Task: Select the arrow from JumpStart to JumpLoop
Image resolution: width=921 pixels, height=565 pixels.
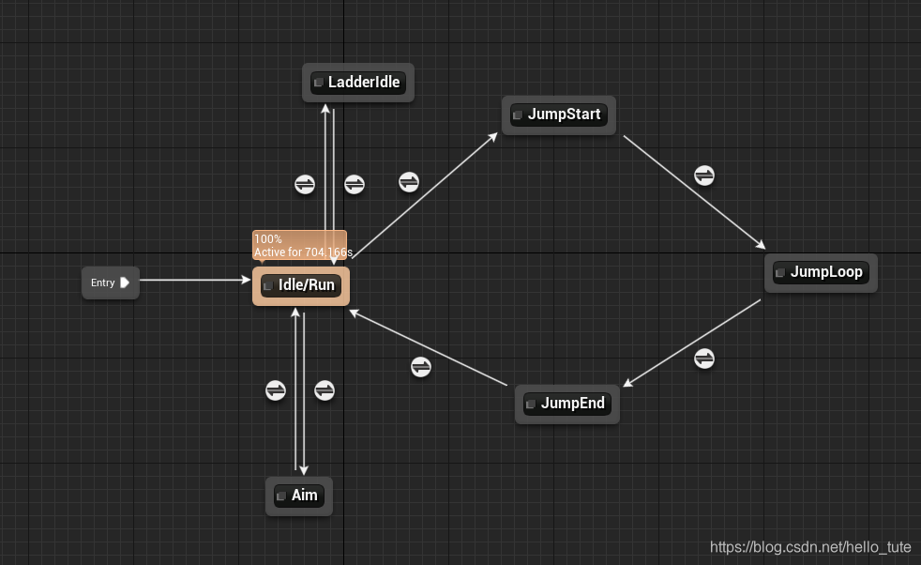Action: pyautogui.click(x=694, y=191)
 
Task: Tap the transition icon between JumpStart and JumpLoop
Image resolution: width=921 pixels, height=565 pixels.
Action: pyautogui.click(x=704, y=176)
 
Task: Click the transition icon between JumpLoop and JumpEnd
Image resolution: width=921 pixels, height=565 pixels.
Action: pyautogui.click(x=704, y=359)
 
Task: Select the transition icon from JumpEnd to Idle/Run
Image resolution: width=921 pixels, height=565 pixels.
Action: pyautogui.click(x=421, y=367)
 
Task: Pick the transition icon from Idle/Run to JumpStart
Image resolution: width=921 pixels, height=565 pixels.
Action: pyautogui.click(x=409, y=182)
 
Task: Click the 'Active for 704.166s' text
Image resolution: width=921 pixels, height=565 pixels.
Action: pyautogui.click(x=303, y=252)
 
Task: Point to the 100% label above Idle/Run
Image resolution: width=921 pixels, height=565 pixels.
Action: pyautogui.click(x=268, y=239)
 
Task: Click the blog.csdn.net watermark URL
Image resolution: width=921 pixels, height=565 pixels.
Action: pyautogui.click(x=810, y=547)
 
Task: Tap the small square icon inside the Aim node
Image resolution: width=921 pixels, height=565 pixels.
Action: pyautogui.click(x=280, y=496)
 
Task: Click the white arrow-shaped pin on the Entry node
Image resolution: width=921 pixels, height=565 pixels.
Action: pyautogui.click(x=125, y=282)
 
